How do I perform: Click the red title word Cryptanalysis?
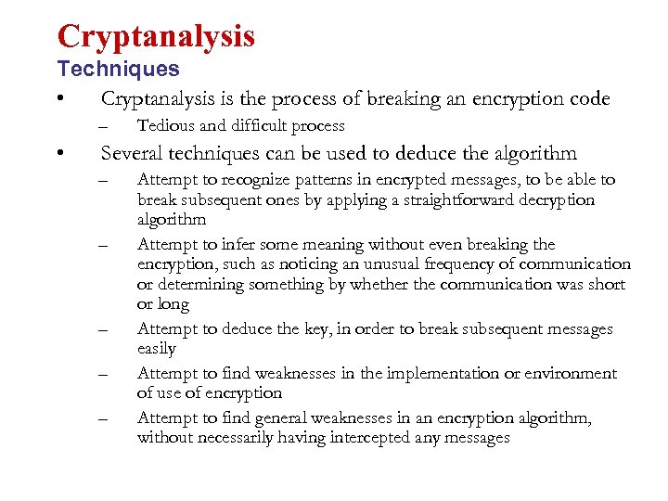(x=155, y=36)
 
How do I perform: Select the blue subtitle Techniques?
(x=118, y=69)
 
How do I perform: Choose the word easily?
(x=157, y=349)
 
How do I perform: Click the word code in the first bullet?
(x=590, y=98)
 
